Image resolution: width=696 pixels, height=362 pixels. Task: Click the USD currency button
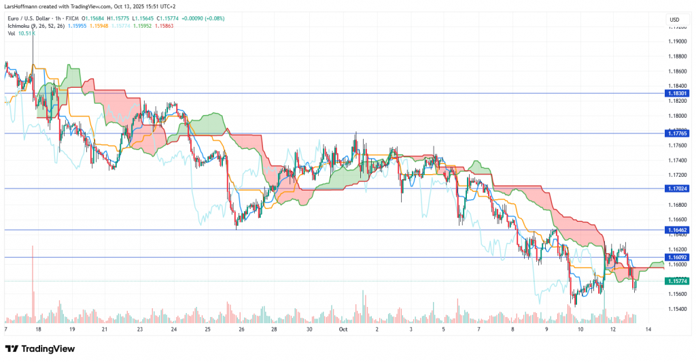(675, 19)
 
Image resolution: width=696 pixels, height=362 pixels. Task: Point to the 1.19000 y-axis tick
(677, 42)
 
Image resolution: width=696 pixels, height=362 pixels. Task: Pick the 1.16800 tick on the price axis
(677, 205)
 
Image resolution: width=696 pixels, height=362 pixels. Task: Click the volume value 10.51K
(27, 33)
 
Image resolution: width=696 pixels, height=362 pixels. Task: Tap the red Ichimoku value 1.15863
(163, 26)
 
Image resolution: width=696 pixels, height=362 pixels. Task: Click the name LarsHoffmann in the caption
(24, 5)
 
